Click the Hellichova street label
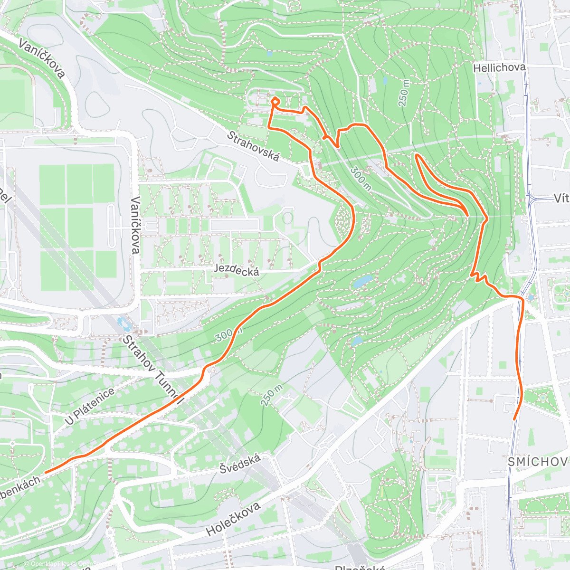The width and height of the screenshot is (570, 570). coord(499,68)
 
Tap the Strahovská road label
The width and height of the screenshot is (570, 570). coord(253,146)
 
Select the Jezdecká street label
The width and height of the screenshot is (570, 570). coord(237,270)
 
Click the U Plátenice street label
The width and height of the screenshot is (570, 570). coord(90,406)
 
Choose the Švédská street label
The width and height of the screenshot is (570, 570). coord(240,464)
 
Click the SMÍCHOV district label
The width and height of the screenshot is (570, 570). coord(537,462)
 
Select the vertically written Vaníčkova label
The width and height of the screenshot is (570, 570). coord(135,225)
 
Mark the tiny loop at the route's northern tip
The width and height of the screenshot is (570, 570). coord(275,100)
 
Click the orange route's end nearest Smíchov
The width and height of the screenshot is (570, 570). coord(514,419)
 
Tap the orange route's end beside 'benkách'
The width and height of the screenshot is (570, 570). coord(46,473)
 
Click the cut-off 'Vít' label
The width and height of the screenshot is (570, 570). coord(561,199)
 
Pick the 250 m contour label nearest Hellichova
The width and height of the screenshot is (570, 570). coord(404,93)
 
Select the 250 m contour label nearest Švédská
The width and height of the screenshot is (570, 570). coord(271,395)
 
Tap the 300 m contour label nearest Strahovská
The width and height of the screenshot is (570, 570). coord(361,178)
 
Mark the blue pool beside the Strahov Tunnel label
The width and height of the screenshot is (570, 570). coord(124,325)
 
